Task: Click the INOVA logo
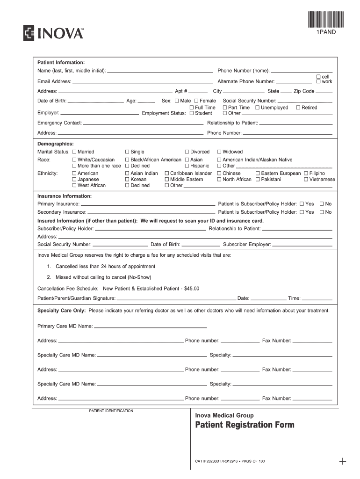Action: [53, 33]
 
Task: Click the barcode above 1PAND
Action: [325, 19]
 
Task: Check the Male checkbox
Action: [177, 101]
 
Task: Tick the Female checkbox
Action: [196, 101]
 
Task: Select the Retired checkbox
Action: [298, 108]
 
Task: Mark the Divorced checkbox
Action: [187, 152]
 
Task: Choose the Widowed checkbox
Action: [219, 152]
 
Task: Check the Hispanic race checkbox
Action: [187, 166]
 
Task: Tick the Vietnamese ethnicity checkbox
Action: [306, 179]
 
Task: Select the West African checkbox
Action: [74, 185]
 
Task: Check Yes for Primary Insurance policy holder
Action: [302, 204]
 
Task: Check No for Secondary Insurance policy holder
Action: [321, 212]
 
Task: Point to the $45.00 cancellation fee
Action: [192, 288]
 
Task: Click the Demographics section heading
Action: [56, 144]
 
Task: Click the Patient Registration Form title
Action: [245, 425]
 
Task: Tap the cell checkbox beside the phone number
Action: [318, 76]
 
